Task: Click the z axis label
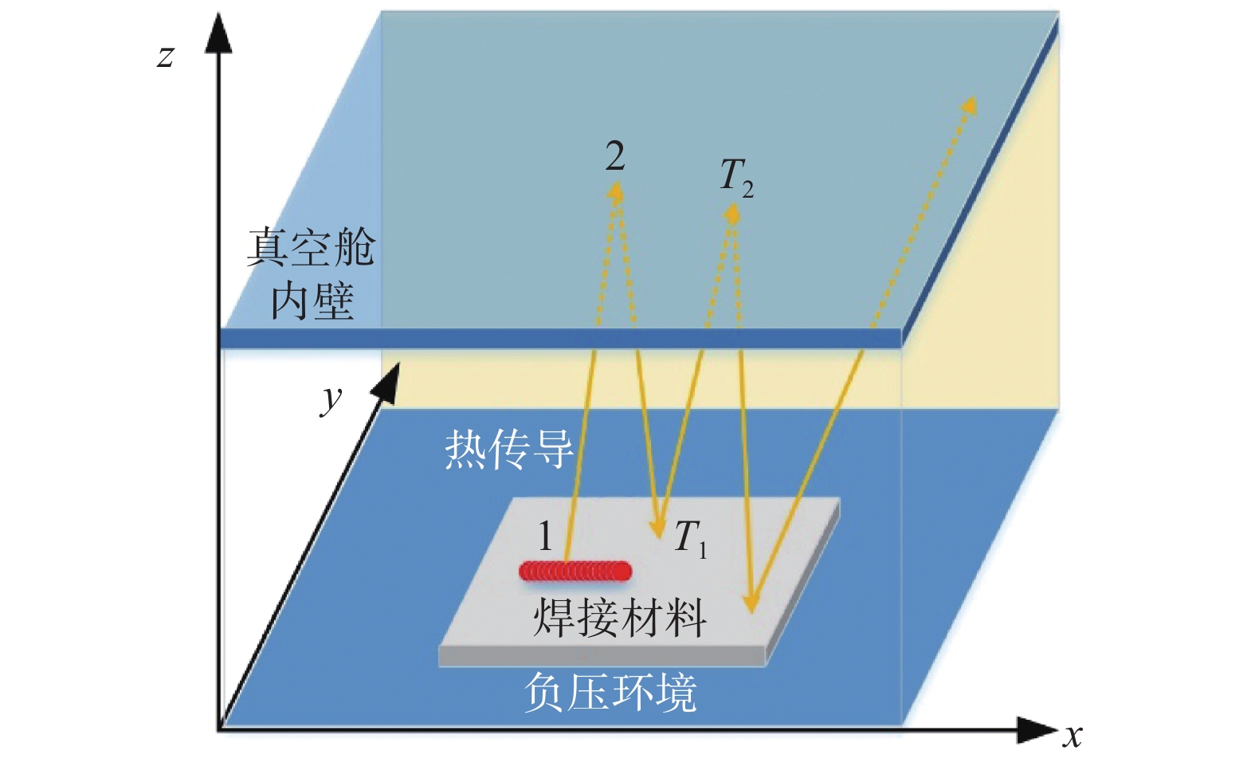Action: click(x=165, y=57)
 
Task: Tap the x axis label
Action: click(x=1073, y=736)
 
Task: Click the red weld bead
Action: click(x=575, y=571)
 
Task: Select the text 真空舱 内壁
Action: click(x=311, y=273)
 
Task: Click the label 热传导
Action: click(x=508, y=449)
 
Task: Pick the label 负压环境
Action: click(x=610, y=692)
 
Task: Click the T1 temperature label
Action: click(x=690, y=538)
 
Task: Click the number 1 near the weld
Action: click(x=545, y=536)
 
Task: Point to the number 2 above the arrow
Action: click(x=614, y=156)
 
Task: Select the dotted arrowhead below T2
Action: click(x=732, y=212)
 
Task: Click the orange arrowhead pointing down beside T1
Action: click(x=657, y=528)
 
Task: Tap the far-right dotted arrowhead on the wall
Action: click(x=969, y=105)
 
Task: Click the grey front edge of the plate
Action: click(x=602, y=656)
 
